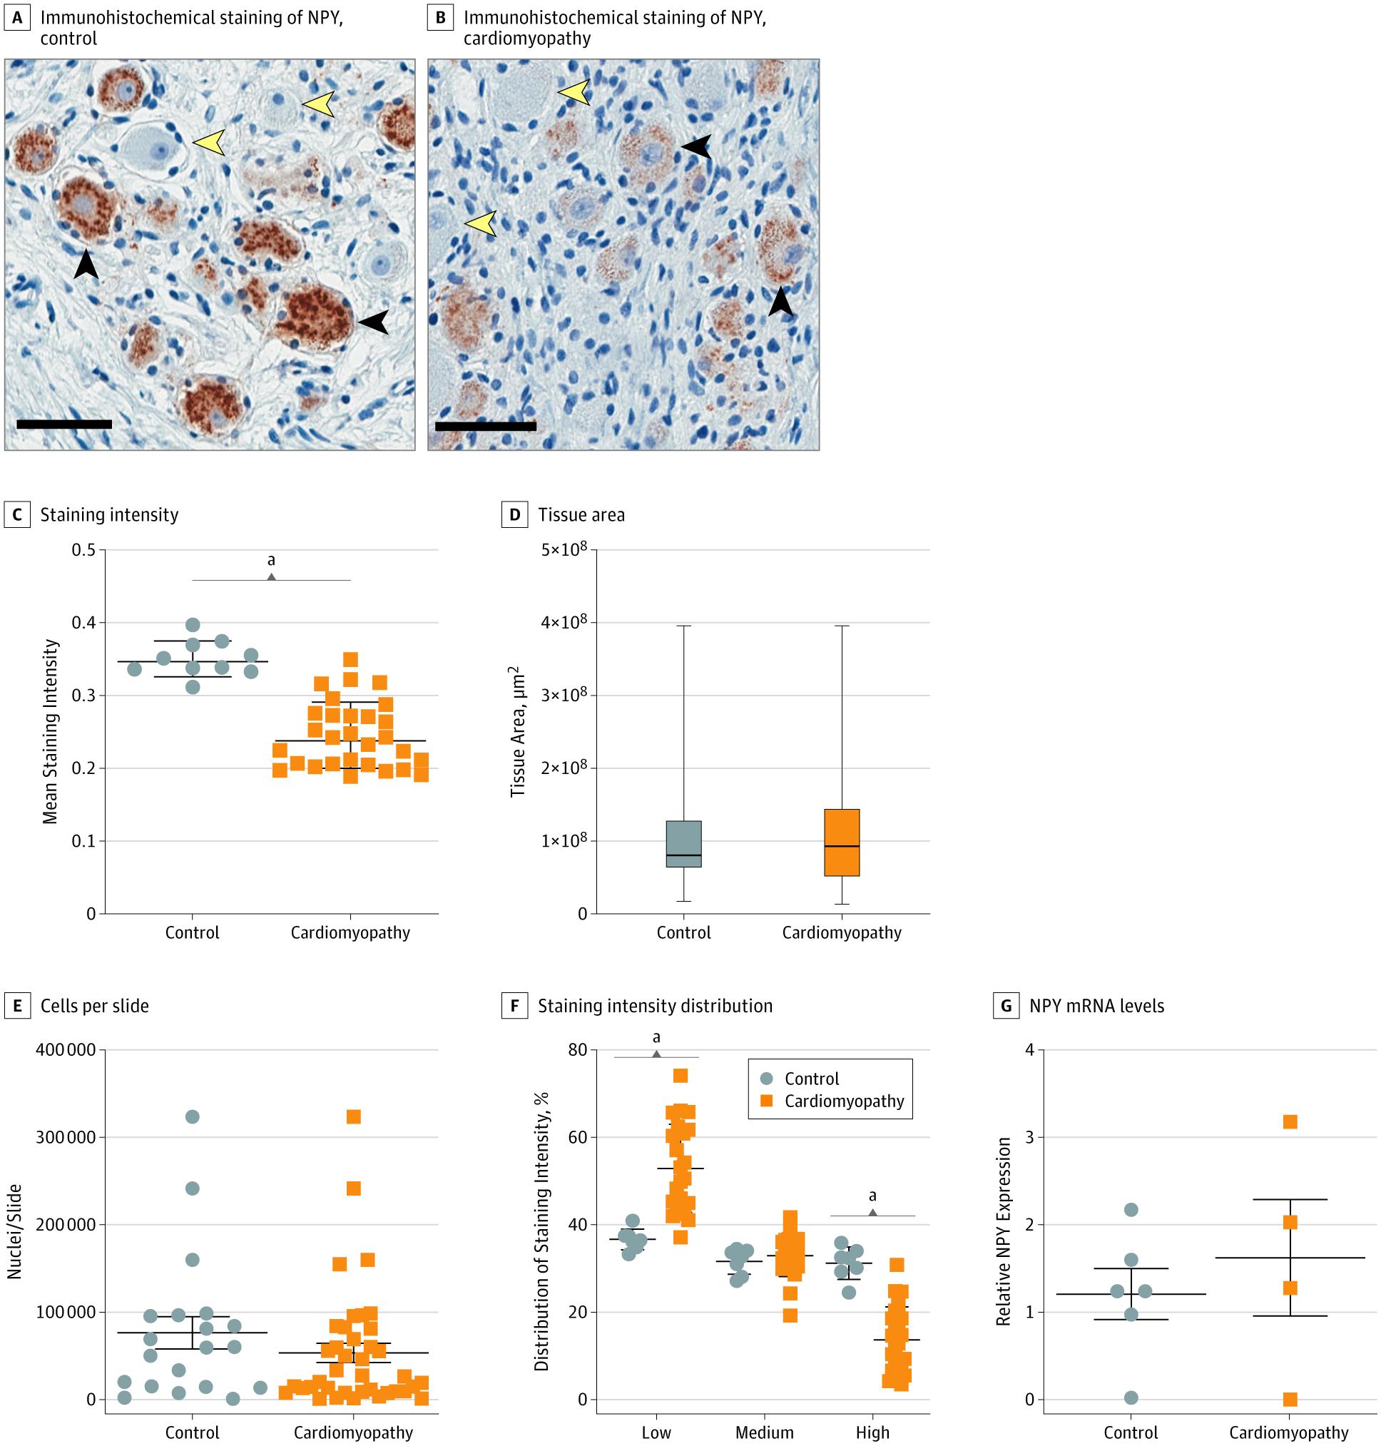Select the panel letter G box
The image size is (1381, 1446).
pyautogui.click(x=1007, y=1006)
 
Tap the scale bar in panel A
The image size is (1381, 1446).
pyautogui.click(x=64, y=424)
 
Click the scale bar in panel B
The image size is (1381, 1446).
pyautogui.click(x=486, y=426)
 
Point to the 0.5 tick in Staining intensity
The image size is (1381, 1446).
pyautogui.click(x=85, y=550)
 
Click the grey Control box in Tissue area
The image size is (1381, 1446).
pyautogui.click(x=684, y=844)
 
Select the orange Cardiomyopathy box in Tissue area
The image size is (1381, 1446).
pyautogui.click(x=842, y=842)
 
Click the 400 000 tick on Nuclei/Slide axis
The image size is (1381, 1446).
pyautogui.click(x=66, y=1050)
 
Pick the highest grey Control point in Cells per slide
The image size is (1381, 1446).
pyautogui.click(x=192, y=1117)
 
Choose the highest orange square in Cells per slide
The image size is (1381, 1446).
pyautogui.click(x=353, y=1117)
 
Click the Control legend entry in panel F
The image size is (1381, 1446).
pyautogui.click(x=811, y=1079)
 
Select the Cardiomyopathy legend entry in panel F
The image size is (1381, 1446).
pyautogui.click(x=844, y=1101)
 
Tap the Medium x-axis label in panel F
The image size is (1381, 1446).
pyautogui.click(x=764, y=1432)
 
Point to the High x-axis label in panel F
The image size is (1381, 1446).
pyautogui.click(x=872, y=1432)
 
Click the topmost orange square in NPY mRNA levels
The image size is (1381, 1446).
pyautogui.click(x=1290, y=1122)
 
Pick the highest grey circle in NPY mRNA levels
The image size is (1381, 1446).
pyautogui.click(x=1131, y=1210)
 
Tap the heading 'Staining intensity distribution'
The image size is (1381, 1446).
pyautogui.click(x=655, y=1006)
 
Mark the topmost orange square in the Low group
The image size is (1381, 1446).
pyautogui.click(x=681, y=1076)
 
